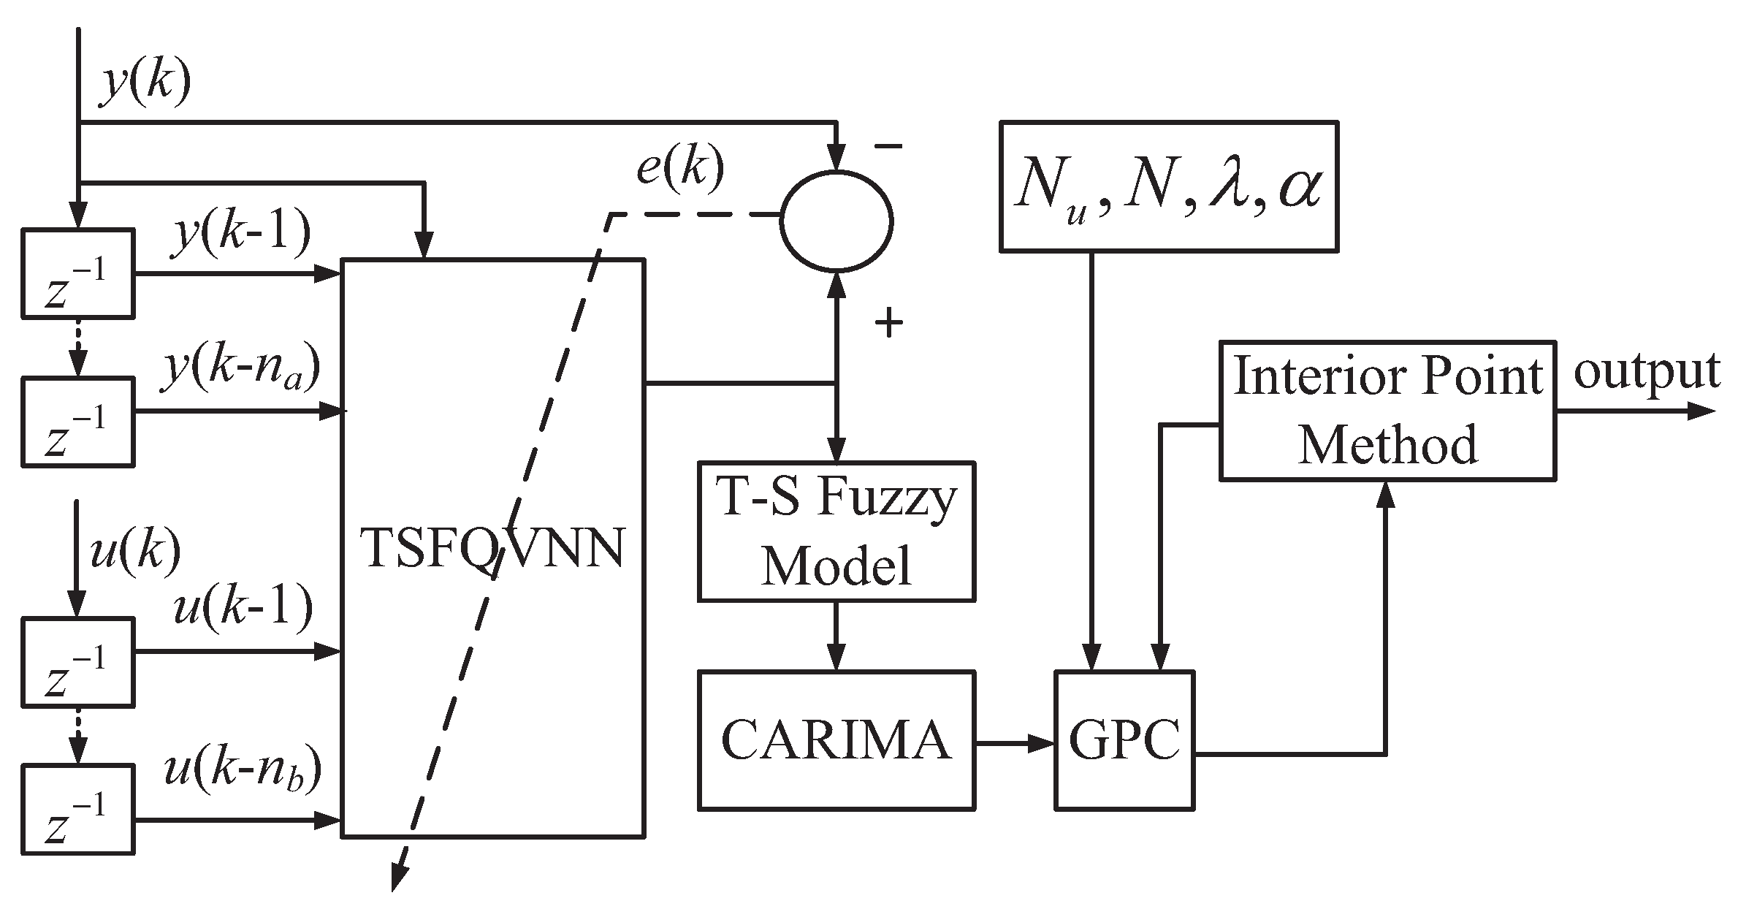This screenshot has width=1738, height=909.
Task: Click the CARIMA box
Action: click(836, 739)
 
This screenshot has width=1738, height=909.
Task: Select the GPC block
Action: click(1124, 739)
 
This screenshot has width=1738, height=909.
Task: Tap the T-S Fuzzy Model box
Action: click(836, 530)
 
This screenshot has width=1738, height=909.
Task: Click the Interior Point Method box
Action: click(1387, 410)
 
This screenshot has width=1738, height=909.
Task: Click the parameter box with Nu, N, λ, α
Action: click(1168, 187)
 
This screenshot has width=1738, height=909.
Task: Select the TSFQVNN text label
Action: click(494, 548)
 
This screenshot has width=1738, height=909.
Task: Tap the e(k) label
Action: click(679, 168)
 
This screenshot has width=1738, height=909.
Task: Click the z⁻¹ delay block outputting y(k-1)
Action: click(77, 274)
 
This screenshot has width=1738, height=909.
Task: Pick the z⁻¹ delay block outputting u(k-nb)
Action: click(77, 809)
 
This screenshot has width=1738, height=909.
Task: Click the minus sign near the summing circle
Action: click(888, 147)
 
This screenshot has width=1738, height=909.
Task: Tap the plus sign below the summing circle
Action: click(888, 322)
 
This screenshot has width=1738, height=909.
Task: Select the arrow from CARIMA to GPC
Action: click(1015, 744)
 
